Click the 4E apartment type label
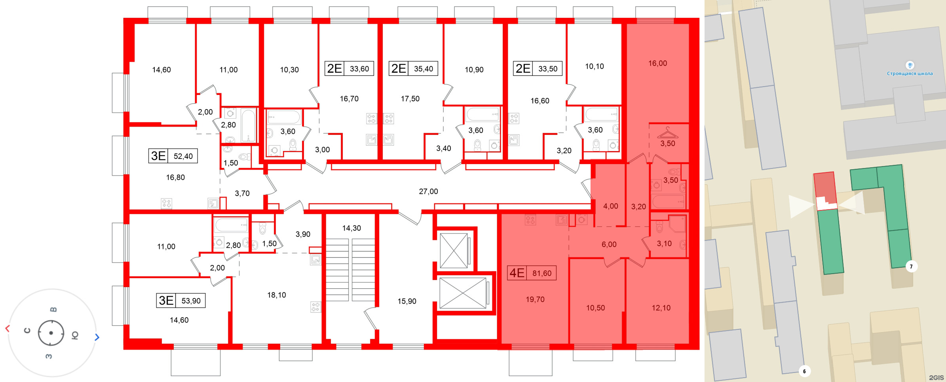[x=517, y=273]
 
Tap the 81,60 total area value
[x=542, y=273]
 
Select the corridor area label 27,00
[x=428, y=191]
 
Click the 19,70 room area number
[x=535, y=299]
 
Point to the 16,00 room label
[x=657, y=63]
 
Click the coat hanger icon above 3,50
[x=667, y=132]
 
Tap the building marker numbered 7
[x=911, y=267]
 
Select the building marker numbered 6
[x=804, y=371]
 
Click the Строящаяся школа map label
[x=910, y=74]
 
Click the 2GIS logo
[x=936, y=378]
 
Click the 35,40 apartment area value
[x=424, y=69]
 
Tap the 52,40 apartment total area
[x=183, y=156]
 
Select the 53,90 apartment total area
[x=191, y=301]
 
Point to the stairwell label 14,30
[x=351, y=228]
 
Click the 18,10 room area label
[x=276, y=295]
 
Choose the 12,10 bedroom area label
[x=661, y=308]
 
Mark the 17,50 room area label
[x=410, y=98]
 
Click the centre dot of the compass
[x=51, y=333]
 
